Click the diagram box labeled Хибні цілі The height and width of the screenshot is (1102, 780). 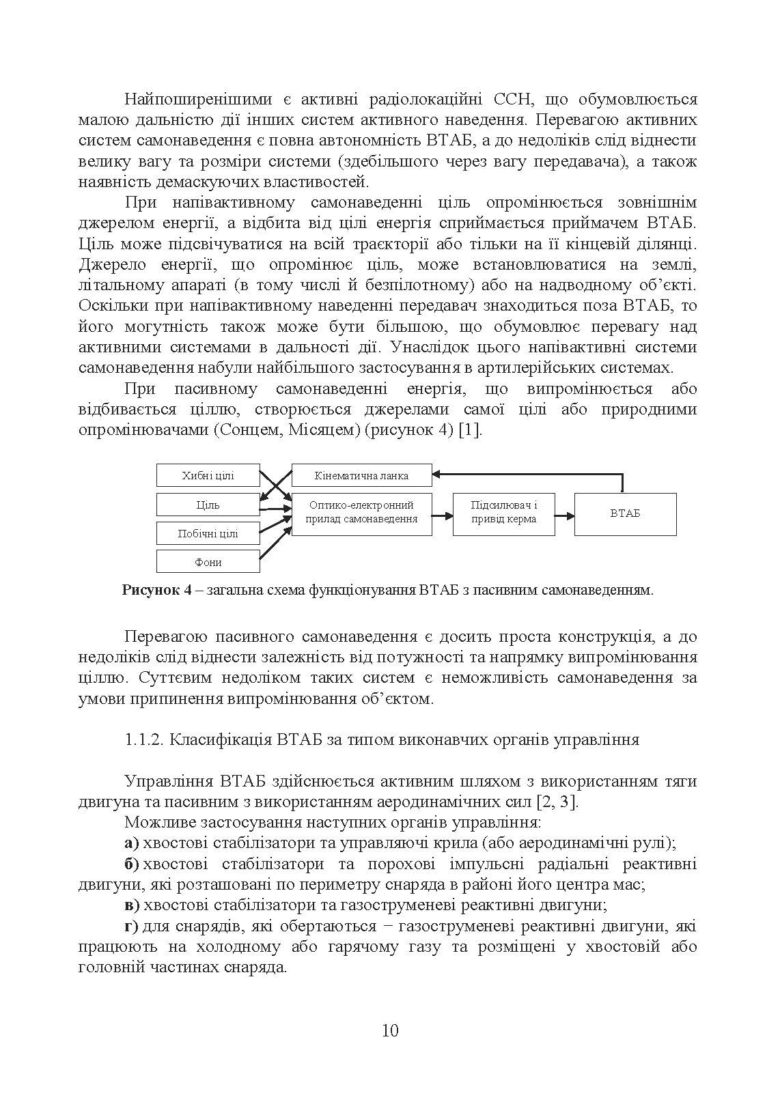point(208,476)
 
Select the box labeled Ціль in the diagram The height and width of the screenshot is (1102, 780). point(208,505)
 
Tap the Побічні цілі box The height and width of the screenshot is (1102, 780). point(208,534)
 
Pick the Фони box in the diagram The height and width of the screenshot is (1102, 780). point(208,562)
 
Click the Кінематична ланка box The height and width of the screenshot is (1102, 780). point(361,476)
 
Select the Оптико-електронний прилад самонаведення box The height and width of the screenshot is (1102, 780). point(361,512)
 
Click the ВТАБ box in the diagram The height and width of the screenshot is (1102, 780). point(625,513)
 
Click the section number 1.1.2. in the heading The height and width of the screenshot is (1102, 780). point(144,740)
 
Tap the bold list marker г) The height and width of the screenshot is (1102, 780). point(131,927)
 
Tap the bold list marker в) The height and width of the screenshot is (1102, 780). point(132,905)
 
